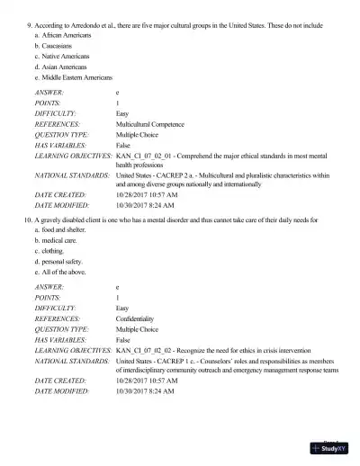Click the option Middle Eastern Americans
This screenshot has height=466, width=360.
(82, 78)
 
